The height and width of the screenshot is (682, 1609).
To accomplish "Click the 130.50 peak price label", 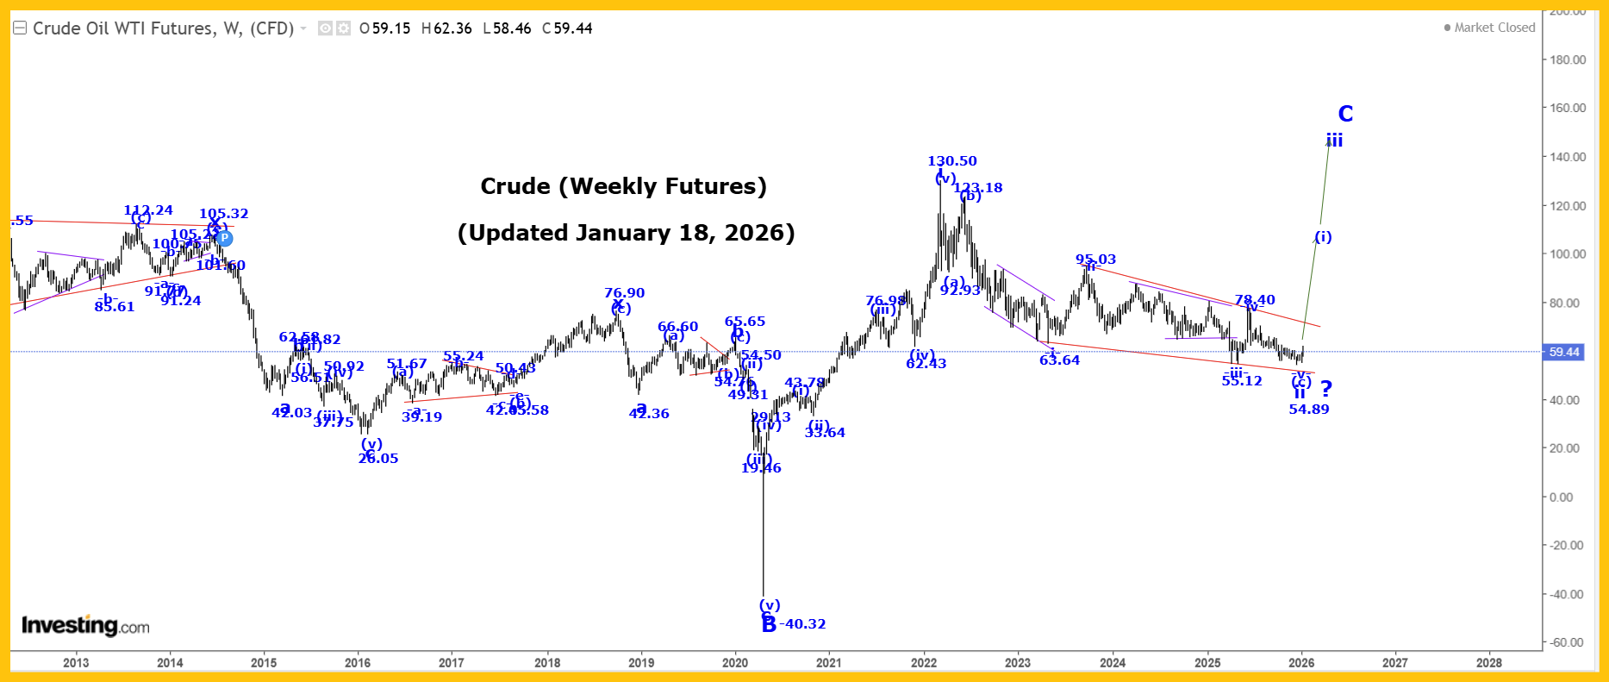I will click(951, 161).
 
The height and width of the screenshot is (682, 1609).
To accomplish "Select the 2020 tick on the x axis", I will click(734, 663).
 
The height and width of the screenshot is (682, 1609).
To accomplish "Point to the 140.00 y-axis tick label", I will click(1568, 157).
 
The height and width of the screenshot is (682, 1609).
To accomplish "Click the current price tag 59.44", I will click(1564, 352).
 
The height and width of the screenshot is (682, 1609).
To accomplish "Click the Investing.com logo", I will click(85, 626).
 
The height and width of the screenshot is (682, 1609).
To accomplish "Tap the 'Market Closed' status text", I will click(1494, 28).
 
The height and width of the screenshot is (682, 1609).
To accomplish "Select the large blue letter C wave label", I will click(1345, 114).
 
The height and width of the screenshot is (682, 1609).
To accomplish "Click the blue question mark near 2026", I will click(1326, 389).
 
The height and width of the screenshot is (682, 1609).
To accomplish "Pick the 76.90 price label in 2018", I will click(624, 293).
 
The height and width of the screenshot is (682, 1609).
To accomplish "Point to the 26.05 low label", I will click(378, 459).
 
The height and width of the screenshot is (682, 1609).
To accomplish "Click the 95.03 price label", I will click(1095, 260).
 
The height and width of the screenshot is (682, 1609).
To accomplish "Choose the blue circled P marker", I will click(224, 238).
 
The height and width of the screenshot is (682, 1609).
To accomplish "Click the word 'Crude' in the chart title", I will click(515, 186).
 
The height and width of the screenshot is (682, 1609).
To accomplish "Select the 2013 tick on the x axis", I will click(76, 663).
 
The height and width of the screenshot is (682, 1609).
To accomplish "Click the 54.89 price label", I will click(1308, 410).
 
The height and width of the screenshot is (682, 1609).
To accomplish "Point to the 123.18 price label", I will click(978, 188).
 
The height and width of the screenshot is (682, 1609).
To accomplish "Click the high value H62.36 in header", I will click(446, 28).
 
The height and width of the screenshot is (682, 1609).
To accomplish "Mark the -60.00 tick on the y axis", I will click(1568, 642).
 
